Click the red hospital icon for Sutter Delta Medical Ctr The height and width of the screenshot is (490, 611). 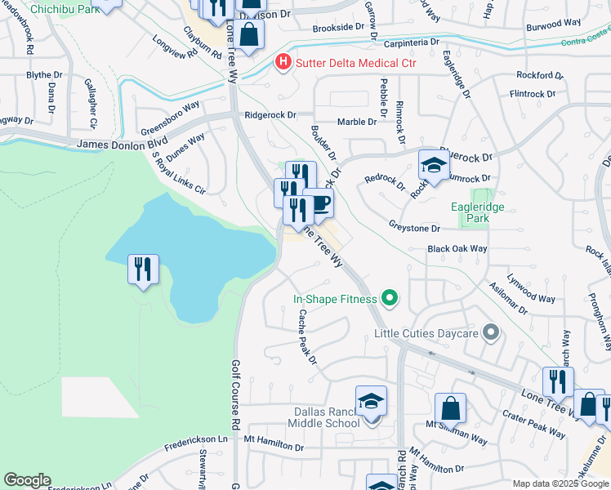283,61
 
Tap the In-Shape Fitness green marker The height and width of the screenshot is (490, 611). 390,299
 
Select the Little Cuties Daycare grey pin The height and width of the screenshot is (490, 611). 490,332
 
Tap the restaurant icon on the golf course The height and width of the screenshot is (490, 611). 143,269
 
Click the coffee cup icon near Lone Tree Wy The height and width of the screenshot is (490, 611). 319,203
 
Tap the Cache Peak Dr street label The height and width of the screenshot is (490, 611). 306,336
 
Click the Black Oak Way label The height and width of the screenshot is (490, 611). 457,248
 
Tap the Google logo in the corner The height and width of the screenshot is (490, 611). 27,480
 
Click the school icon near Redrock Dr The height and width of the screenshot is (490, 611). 434,166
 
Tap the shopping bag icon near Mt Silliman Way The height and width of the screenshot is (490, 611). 450,408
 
